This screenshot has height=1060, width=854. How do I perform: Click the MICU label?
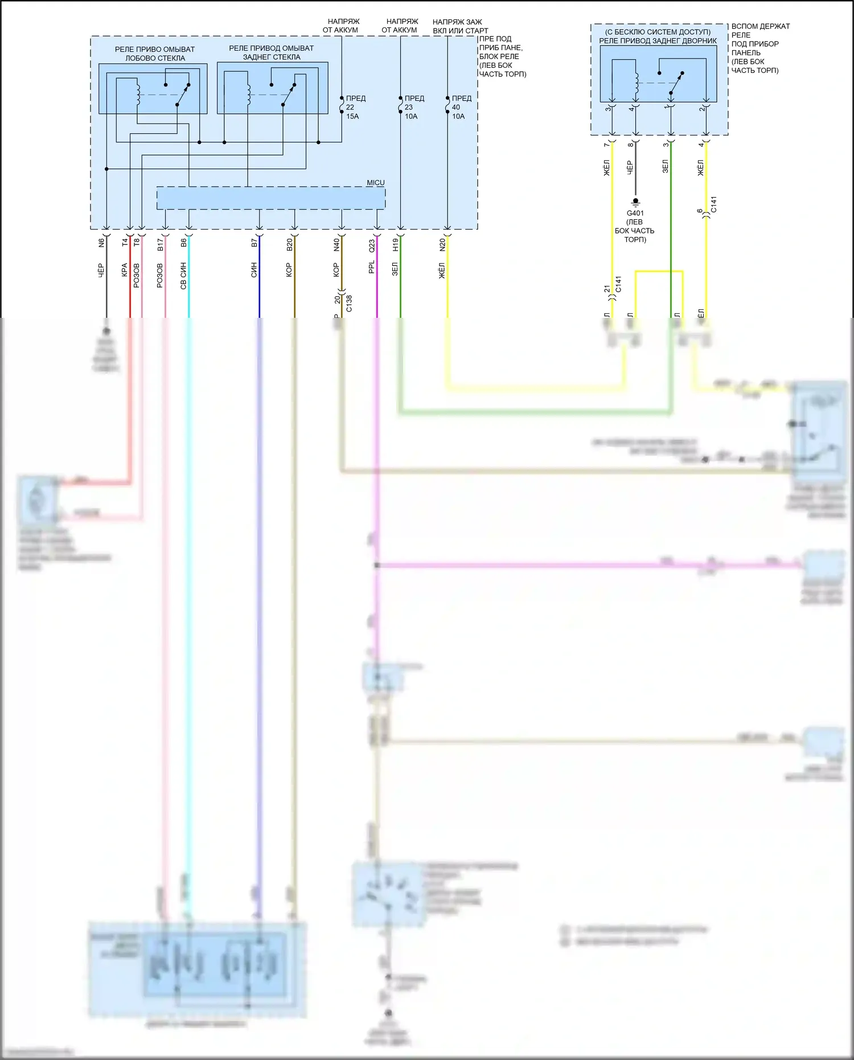click(x=375, y=183)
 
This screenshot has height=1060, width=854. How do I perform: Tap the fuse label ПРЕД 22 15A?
click(x=354, y=107)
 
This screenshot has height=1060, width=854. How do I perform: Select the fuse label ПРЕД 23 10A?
click(x=413, y=107)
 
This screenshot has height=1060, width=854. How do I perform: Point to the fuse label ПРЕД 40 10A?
click(x=460, y=107)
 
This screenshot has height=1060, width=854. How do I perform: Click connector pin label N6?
click(x=102, y=242)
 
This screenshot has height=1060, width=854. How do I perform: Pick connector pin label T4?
click(x=125, y=242)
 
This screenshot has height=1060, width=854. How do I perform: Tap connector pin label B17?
click(x=161, y=244)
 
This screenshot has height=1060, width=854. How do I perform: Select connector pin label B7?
click(x=254, y=243)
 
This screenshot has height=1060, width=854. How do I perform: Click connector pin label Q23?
click(x=372, y=245)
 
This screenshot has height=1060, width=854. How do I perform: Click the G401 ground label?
click(x=635, y=213)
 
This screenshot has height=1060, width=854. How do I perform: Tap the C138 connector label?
click(x=349, y=303)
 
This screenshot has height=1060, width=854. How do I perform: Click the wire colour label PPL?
click(x=372, y=267)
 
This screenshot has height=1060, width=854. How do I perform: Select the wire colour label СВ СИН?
click(x=183, y=276)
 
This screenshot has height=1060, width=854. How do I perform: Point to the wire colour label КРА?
click(x=125, y=270)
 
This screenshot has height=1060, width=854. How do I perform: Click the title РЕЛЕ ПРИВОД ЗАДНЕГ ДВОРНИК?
click(x=658, y=41)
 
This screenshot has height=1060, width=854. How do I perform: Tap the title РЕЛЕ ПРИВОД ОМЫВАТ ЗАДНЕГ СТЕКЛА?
click(x=271, y=52)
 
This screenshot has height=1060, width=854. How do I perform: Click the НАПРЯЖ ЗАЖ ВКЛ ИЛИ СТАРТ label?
click(x=459, y=26)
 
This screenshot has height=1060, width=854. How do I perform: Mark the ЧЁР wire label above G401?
click(x=630, y=167)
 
